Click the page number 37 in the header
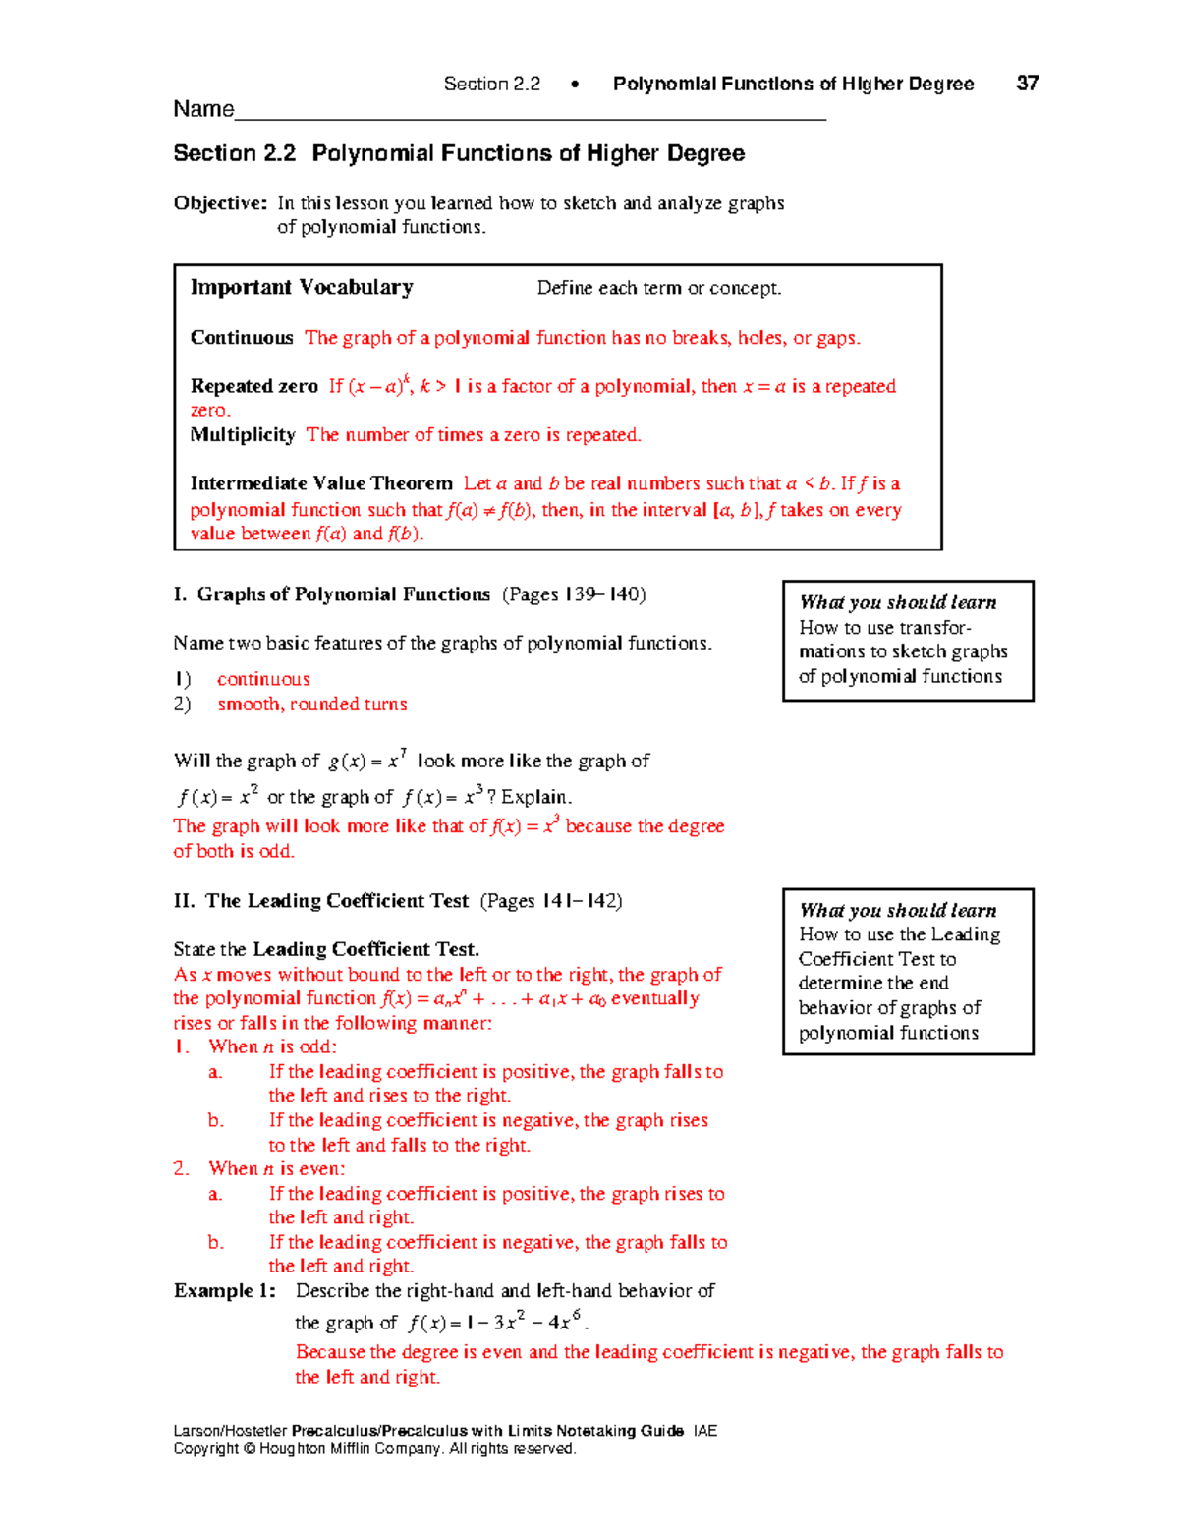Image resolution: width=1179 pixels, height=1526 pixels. [1027, 84]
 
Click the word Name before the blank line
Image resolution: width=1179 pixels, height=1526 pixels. [203, 109]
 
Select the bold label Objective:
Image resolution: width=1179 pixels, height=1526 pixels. [220, 203]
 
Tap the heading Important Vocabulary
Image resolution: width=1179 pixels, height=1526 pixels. [302, 287]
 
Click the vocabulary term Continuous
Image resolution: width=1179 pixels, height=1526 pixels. [242, 338]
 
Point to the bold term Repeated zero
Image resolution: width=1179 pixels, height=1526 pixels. [254, 386]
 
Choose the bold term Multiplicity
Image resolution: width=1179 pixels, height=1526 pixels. [243, 435]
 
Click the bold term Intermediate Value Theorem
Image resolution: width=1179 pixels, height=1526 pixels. [321, 483]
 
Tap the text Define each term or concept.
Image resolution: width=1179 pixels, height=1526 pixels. [658, 288]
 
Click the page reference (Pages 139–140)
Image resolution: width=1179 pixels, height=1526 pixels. [574, 594]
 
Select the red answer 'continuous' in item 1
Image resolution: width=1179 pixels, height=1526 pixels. [263, 679]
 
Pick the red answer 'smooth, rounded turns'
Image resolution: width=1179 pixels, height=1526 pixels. [312, 705]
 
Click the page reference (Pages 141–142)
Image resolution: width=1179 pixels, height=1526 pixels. [551, 901]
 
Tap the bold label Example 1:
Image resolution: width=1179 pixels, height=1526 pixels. [225, 1291]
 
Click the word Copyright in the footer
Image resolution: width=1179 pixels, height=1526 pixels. [206, 1449]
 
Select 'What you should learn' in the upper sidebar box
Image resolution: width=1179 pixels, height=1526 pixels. [898, 602]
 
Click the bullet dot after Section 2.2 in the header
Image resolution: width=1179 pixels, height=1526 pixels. [575, 85]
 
